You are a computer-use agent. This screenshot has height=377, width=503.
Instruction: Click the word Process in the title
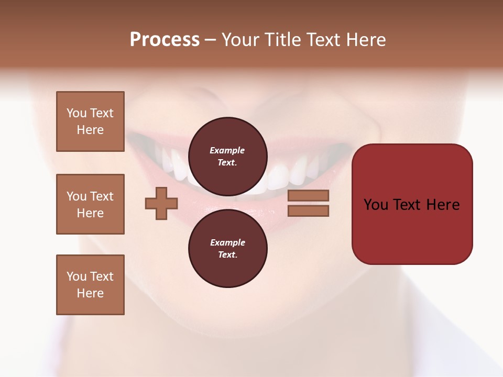tap(165, 40)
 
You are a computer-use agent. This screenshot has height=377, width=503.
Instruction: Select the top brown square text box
tap(90, 121)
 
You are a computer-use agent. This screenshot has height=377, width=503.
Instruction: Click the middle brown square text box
tap(90, 204)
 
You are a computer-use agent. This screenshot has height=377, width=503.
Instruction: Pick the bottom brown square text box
tap(90, 285)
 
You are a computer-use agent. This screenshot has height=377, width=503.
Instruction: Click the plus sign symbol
tap(161, 203)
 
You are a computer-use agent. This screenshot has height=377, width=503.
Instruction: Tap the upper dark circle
tap(227, 156)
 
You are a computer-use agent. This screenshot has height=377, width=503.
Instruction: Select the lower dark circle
tap(227, 248)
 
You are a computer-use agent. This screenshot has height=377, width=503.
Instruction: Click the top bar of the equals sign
tap(308, 195)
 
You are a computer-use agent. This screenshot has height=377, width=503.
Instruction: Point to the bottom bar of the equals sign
tap(308, 211)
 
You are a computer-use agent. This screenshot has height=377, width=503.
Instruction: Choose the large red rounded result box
tap(412, 204)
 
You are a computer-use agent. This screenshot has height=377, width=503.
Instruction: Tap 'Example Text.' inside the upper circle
tap(227, 156)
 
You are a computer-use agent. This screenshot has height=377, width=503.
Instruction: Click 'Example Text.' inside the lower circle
tap(227, 248)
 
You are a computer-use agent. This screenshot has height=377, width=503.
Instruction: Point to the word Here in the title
tap(366, 40)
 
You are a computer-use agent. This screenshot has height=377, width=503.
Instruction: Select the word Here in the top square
tap(90, 130)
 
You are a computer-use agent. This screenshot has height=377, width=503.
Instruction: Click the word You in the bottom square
tap(76, 276)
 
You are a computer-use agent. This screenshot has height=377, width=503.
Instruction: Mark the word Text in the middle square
tap(102, 196)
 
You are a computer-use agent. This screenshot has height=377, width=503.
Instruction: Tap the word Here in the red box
tap(443, 205)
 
